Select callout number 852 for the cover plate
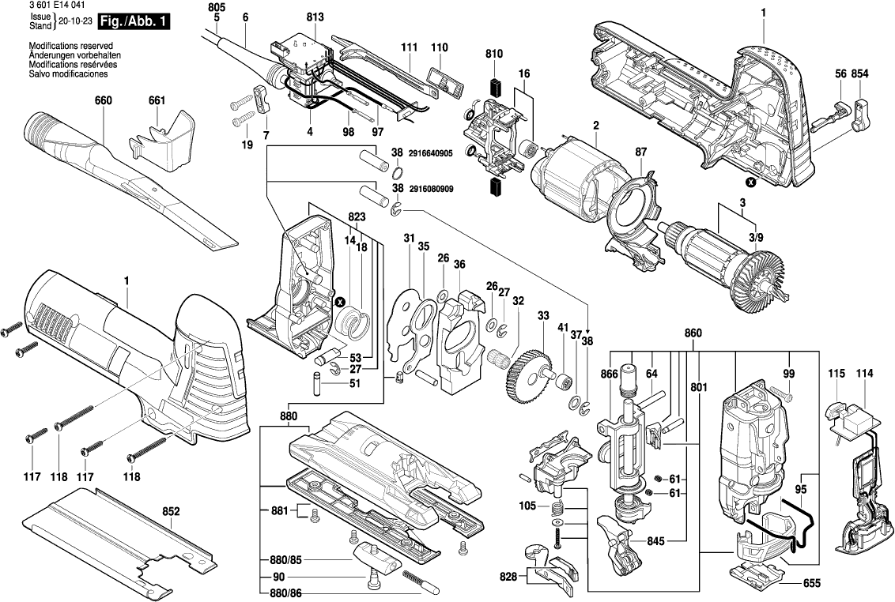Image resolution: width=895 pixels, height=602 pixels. coord(172,511)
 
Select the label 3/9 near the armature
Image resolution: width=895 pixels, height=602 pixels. coord(757,237)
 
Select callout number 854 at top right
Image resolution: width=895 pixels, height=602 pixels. coord(860,73)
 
